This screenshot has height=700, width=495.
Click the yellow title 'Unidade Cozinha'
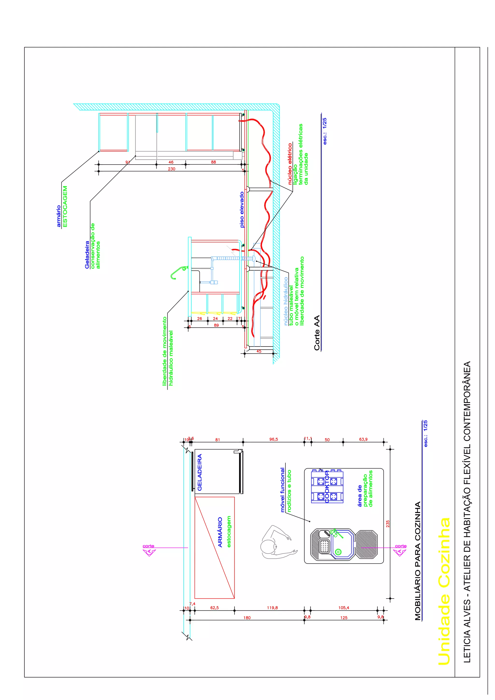(444, 592)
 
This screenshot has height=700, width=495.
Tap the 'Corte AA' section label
(317, 333)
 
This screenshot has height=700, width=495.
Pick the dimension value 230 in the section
(171, 169)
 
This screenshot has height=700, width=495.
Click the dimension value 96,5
(273, 439)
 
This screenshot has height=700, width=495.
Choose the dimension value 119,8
(272, 608)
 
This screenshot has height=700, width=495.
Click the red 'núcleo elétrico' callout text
(290, 164)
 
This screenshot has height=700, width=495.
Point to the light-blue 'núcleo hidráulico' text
(286, 301)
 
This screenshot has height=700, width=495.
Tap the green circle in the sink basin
(338, 552)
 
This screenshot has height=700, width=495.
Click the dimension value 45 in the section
(259, 351)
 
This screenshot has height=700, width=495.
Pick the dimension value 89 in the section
(216, 325)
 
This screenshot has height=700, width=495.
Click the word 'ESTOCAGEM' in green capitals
(65, 206)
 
